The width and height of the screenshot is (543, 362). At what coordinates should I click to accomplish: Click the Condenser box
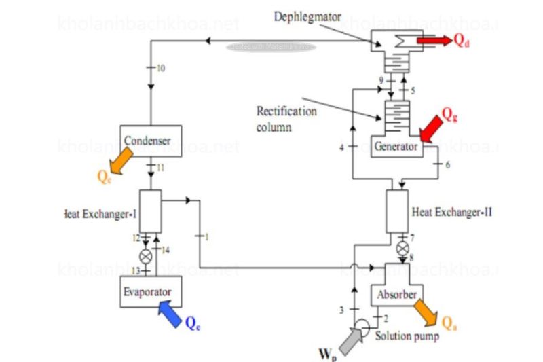coord(150,141)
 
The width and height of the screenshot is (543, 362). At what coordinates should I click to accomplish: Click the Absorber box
coord(393,295)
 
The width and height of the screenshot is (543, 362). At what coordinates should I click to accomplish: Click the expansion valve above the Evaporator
coord(145,257)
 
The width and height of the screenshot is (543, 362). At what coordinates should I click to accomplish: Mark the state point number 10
coord(160,69)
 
